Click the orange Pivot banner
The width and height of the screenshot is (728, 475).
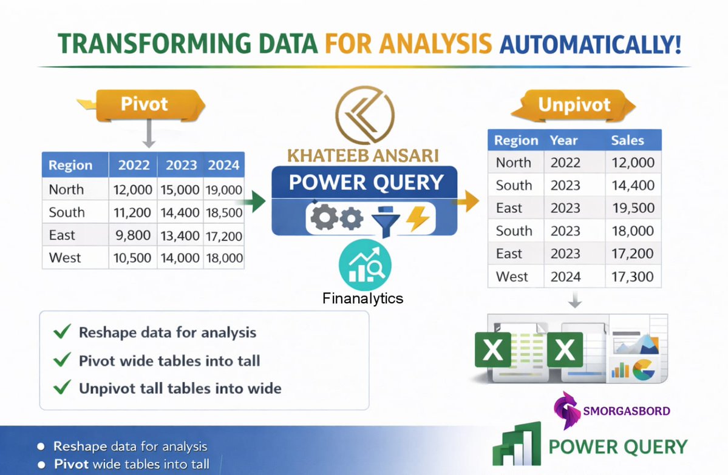[144, 104]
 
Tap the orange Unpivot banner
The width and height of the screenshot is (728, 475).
[574, 104]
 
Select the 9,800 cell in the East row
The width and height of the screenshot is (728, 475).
[133, 235]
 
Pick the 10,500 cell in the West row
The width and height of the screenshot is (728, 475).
[132, 258]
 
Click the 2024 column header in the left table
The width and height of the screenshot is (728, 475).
[223, 165]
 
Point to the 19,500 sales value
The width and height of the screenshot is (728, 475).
[633, 208]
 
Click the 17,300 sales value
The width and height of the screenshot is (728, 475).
[633, 277]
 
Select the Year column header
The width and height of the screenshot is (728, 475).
[563, 141]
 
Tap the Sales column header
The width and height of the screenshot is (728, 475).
[627, 141]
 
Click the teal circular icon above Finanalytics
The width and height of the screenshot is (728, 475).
[365, 265]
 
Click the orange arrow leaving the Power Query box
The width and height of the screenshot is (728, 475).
[468, 201]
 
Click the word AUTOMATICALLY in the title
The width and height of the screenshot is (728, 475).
[589, 44]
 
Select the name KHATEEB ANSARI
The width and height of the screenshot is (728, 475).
[363, 156]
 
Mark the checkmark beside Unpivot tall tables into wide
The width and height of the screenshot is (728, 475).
[61, 387]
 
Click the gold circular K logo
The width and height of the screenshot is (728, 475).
[364, 115]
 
